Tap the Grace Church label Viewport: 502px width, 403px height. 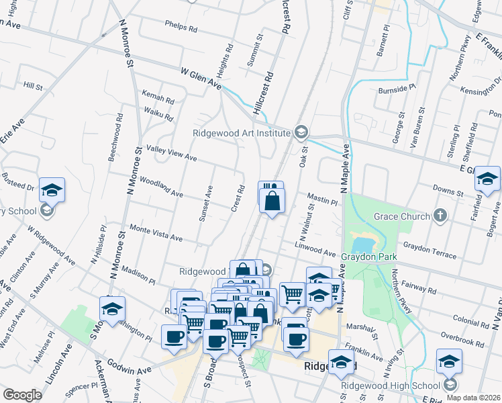click(401, 216)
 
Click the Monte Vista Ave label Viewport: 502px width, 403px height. click(156, 233)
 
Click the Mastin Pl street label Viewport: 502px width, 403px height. click(322, 199)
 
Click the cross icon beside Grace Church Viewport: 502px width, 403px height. click(440, 216)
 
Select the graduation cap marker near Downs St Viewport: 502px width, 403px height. click(487, 179)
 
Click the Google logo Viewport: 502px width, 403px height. click(22, 395)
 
